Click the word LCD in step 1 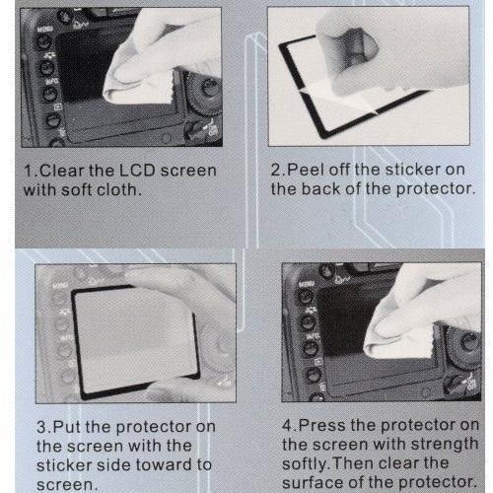pos(137,171)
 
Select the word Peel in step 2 pos(306,170)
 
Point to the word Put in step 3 pos(67,427)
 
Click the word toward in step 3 pos(164,464)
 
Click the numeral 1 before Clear pos(29,171)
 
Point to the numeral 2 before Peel pos(276,170)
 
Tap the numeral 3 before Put pos(42,427)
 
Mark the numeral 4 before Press pos(288,425)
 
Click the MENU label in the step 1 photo pos(44,30)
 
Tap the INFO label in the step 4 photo pos(313,336)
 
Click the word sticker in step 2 pos(412,170)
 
